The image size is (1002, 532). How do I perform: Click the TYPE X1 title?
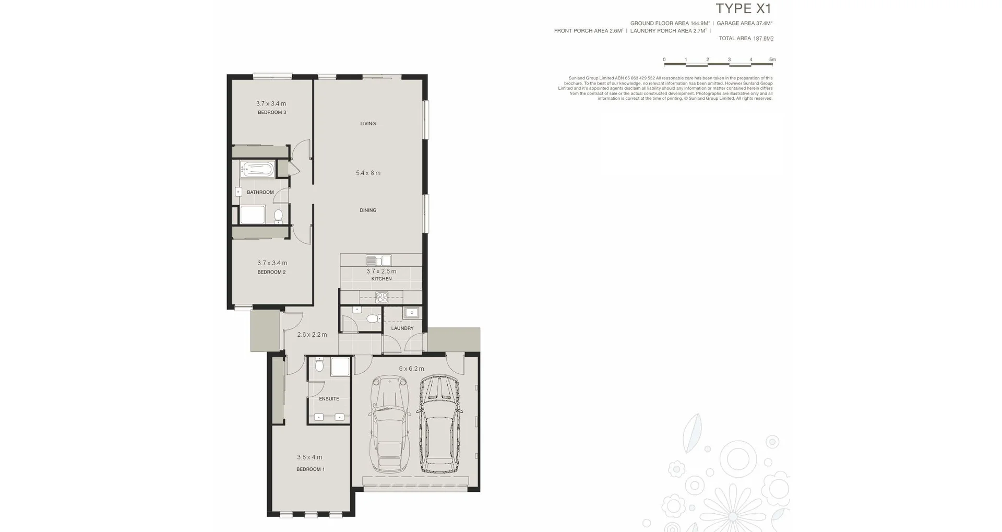coord(743,9)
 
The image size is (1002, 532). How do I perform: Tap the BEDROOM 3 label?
coord(271,112)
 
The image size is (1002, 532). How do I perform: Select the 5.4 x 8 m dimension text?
coord(368,173)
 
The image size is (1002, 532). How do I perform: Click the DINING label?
coord(368,210)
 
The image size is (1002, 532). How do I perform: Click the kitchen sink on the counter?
coord(378,260)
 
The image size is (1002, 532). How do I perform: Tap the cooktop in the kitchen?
coord(381,298)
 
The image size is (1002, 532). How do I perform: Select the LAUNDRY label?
coord(402,328)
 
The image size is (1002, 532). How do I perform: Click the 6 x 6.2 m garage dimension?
coord(411,369)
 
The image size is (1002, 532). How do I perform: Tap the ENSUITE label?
coord(329,399)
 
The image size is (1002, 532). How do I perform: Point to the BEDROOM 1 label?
coord(311,469)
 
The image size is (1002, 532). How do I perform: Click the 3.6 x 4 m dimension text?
coord(309,457)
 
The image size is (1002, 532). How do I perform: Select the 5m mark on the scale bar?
coord(772,60)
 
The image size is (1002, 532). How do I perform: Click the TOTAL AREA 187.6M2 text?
coord(746,39)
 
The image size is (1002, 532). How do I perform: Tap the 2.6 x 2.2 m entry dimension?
coord(312,335)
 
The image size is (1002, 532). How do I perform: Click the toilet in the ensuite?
coord(319,365)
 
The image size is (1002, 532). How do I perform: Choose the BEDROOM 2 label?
coord(271,272)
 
